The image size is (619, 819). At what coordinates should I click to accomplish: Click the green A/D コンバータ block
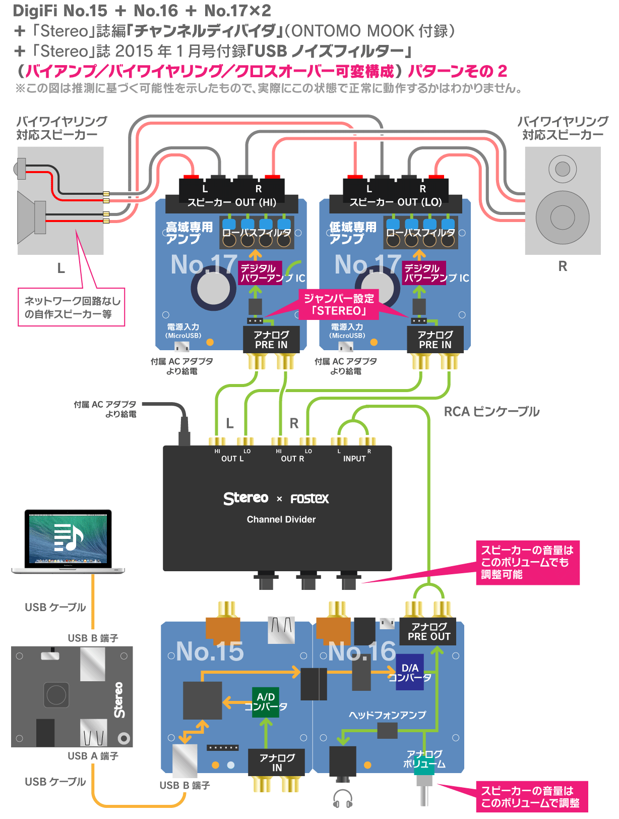point(266,701)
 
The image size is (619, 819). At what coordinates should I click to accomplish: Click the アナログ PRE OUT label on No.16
point(429,631)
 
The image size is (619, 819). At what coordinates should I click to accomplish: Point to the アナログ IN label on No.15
point(277,762)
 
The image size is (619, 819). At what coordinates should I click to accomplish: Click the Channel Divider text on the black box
point(281,519)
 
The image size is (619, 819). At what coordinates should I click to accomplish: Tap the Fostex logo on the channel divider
point(309,499)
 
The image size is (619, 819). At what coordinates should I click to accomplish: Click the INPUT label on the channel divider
point(354,459)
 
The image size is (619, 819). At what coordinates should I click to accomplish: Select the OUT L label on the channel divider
point(232,459)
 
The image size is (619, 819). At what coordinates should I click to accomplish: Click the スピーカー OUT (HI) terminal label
point(232,202)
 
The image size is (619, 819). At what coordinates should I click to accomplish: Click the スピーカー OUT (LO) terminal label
point(396,202)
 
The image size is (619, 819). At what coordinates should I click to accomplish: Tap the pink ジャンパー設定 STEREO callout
point(339,304)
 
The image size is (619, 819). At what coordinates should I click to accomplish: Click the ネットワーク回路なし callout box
point(72,307)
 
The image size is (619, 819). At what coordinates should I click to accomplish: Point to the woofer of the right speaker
point(563,217)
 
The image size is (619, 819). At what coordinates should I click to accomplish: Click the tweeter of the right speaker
point(563,169)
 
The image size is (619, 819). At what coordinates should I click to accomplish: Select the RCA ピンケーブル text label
point(491,412)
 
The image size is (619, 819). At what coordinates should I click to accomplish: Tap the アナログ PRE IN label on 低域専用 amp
point(435,340)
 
